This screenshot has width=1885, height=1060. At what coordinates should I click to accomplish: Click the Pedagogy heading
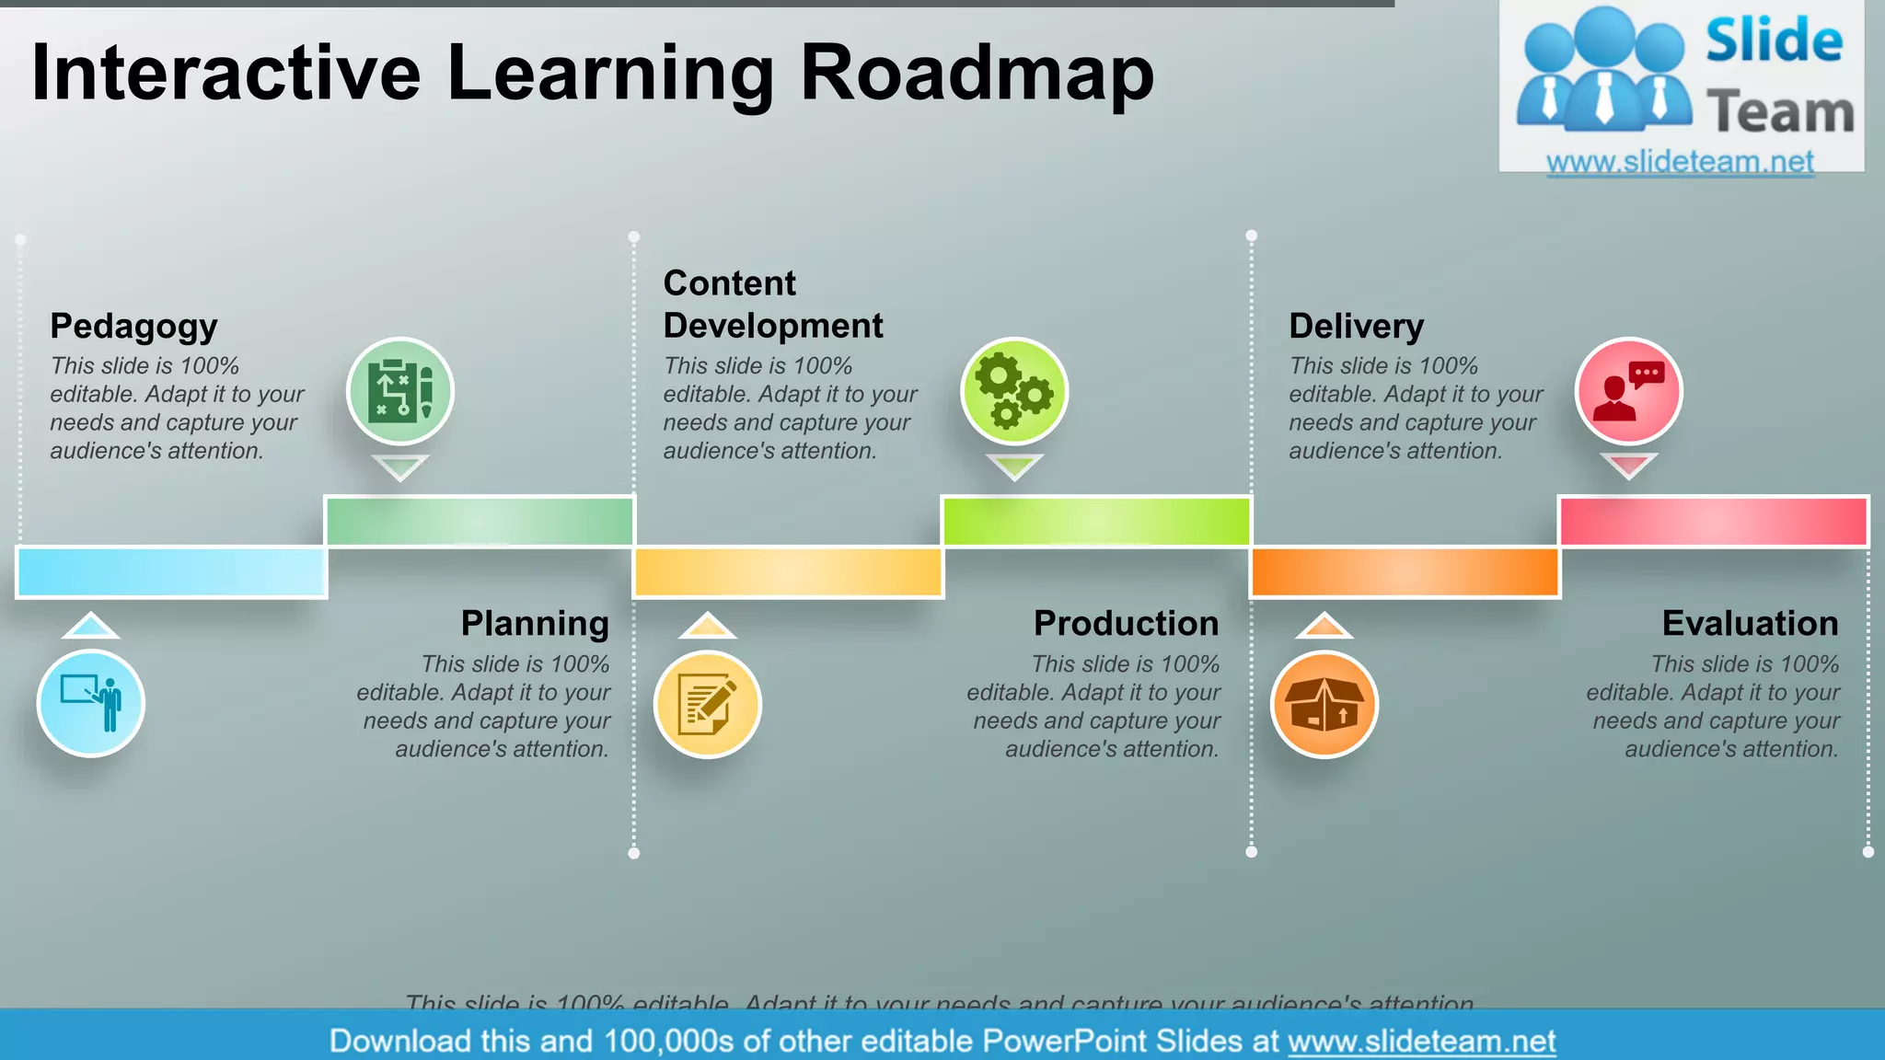pyautogui.click(x=133, y=327)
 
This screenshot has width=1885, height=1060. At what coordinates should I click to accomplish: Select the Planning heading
pyautogui.click(x=535, y=624)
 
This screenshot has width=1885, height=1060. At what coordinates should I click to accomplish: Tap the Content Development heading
pyautogui.click(x=772, y=305)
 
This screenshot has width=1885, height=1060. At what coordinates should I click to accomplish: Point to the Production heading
pyautogui.click(x=1126, y=624)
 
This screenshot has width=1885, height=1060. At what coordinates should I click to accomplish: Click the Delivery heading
pyautogui.click(x=1356, y=327)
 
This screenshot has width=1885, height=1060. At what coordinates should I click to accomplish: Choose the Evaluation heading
pyautogui.click(x=1750, y=624)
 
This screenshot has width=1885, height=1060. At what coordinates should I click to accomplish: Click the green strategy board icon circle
pyautogui.click(x=400, y=391)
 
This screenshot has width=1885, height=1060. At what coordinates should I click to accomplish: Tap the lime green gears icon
pyautogui.click(x=1014, y=391)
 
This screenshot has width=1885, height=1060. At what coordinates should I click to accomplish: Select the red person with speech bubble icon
pyautogui.click(x=1628, y=391)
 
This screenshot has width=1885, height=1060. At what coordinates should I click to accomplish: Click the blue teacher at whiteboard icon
pyautogui.click(x=91, y=704)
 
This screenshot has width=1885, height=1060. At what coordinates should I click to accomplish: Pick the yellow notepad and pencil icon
pyautogui.click(x=707, y=704)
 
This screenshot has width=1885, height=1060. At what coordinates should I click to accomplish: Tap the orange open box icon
pyautogui.click(x=1324, y=704)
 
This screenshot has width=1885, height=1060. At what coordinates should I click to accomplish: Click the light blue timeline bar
pyautogui.click(x=171, y=571)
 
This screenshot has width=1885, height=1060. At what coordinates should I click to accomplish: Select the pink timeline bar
pyautogui.click(x=1713, y=521)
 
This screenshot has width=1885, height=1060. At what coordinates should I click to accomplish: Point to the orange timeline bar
pyautogui.click(x=1405, y=571)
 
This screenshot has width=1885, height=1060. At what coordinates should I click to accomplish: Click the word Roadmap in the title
pyautogui.click(x=977, y=74)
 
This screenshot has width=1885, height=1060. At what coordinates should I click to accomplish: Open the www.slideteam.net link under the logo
pyautogui.click(x=1680, y=162)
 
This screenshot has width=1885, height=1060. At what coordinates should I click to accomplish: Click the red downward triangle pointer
pyautogui.click(x=1628, y=466)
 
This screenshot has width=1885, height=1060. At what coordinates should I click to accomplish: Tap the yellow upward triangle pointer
pyautogui.click(x=707, y=627)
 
